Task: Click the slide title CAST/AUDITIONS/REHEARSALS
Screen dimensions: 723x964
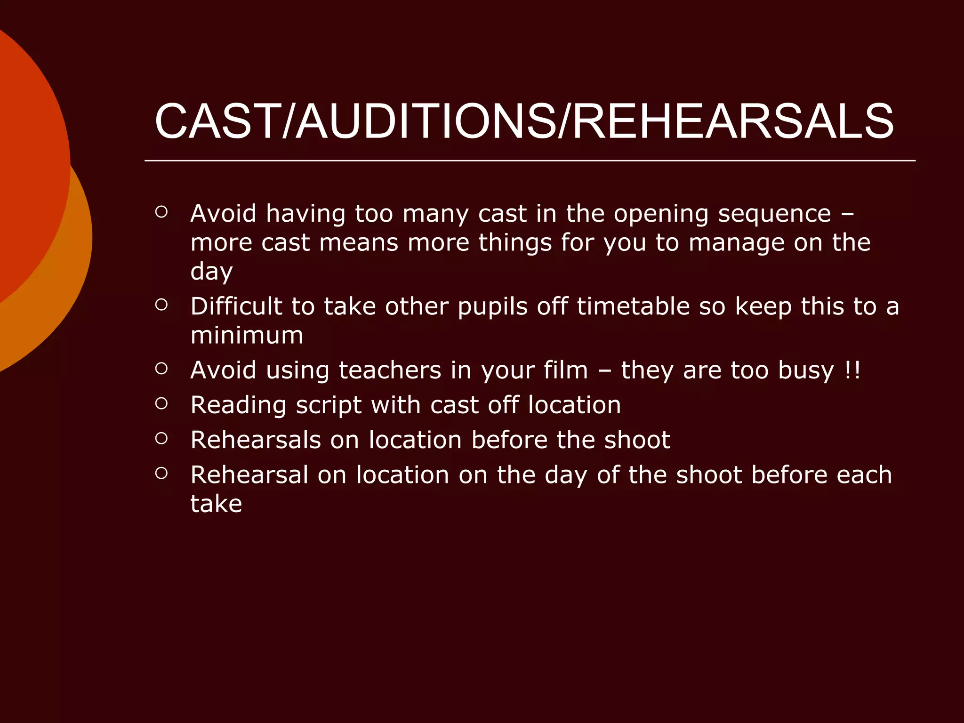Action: pos(524,122)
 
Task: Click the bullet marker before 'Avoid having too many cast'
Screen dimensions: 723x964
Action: pos(161,212)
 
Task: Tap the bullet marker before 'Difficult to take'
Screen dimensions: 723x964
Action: pos(161,305)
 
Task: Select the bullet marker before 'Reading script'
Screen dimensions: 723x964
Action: pos(161,403)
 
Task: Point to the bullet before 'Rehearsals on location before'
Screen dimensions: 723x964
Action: pos(161,439)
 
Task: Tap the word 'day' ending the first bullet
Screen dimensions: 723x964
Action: pos(211,272)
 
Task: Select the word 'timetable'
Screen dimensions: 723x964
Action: pos(634,306)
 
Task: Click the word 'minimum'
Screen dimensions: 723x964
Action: pos(247,336)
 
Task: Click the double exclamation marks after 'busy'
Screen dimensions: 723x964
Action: pos(852,370)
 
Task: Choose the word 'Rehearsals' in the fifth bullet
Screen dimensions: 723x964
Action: pos(256,440)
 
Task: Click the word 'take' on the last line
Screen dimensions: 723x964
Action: pos(216,504)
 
